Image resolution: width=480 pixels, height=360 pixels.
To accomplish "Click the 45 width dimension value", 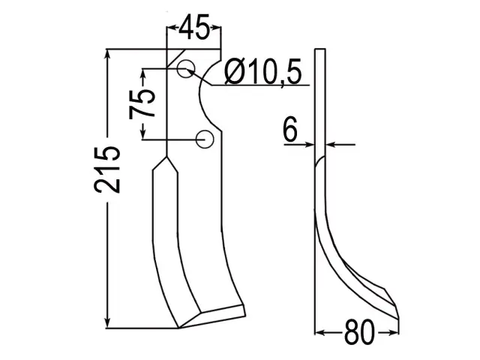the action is [x=195, y=27].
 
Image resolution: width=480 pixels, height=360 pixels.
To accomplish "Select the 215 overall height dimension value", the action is [x=106, y=169].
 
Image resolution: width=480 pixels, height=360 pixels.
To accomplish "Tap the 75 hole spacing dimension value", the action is [x=142, y=104].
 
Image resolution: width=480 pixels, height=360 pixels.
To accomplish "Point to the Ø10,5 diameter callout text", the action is [x=263, y=71].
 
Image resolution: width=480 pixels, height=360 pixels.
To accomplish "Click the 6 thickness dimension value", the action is [x=290, y=130].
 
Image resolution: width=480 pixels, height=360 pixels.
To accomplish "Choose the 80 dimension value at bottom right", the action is [x=359, y=332].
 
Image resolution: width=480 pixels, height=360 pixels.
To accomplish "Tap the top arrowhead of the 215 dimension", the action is [x=107, y=55].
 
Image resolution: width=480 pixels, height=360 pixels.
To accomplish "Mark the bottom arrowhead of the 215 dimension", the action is [x=107, y=322].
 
